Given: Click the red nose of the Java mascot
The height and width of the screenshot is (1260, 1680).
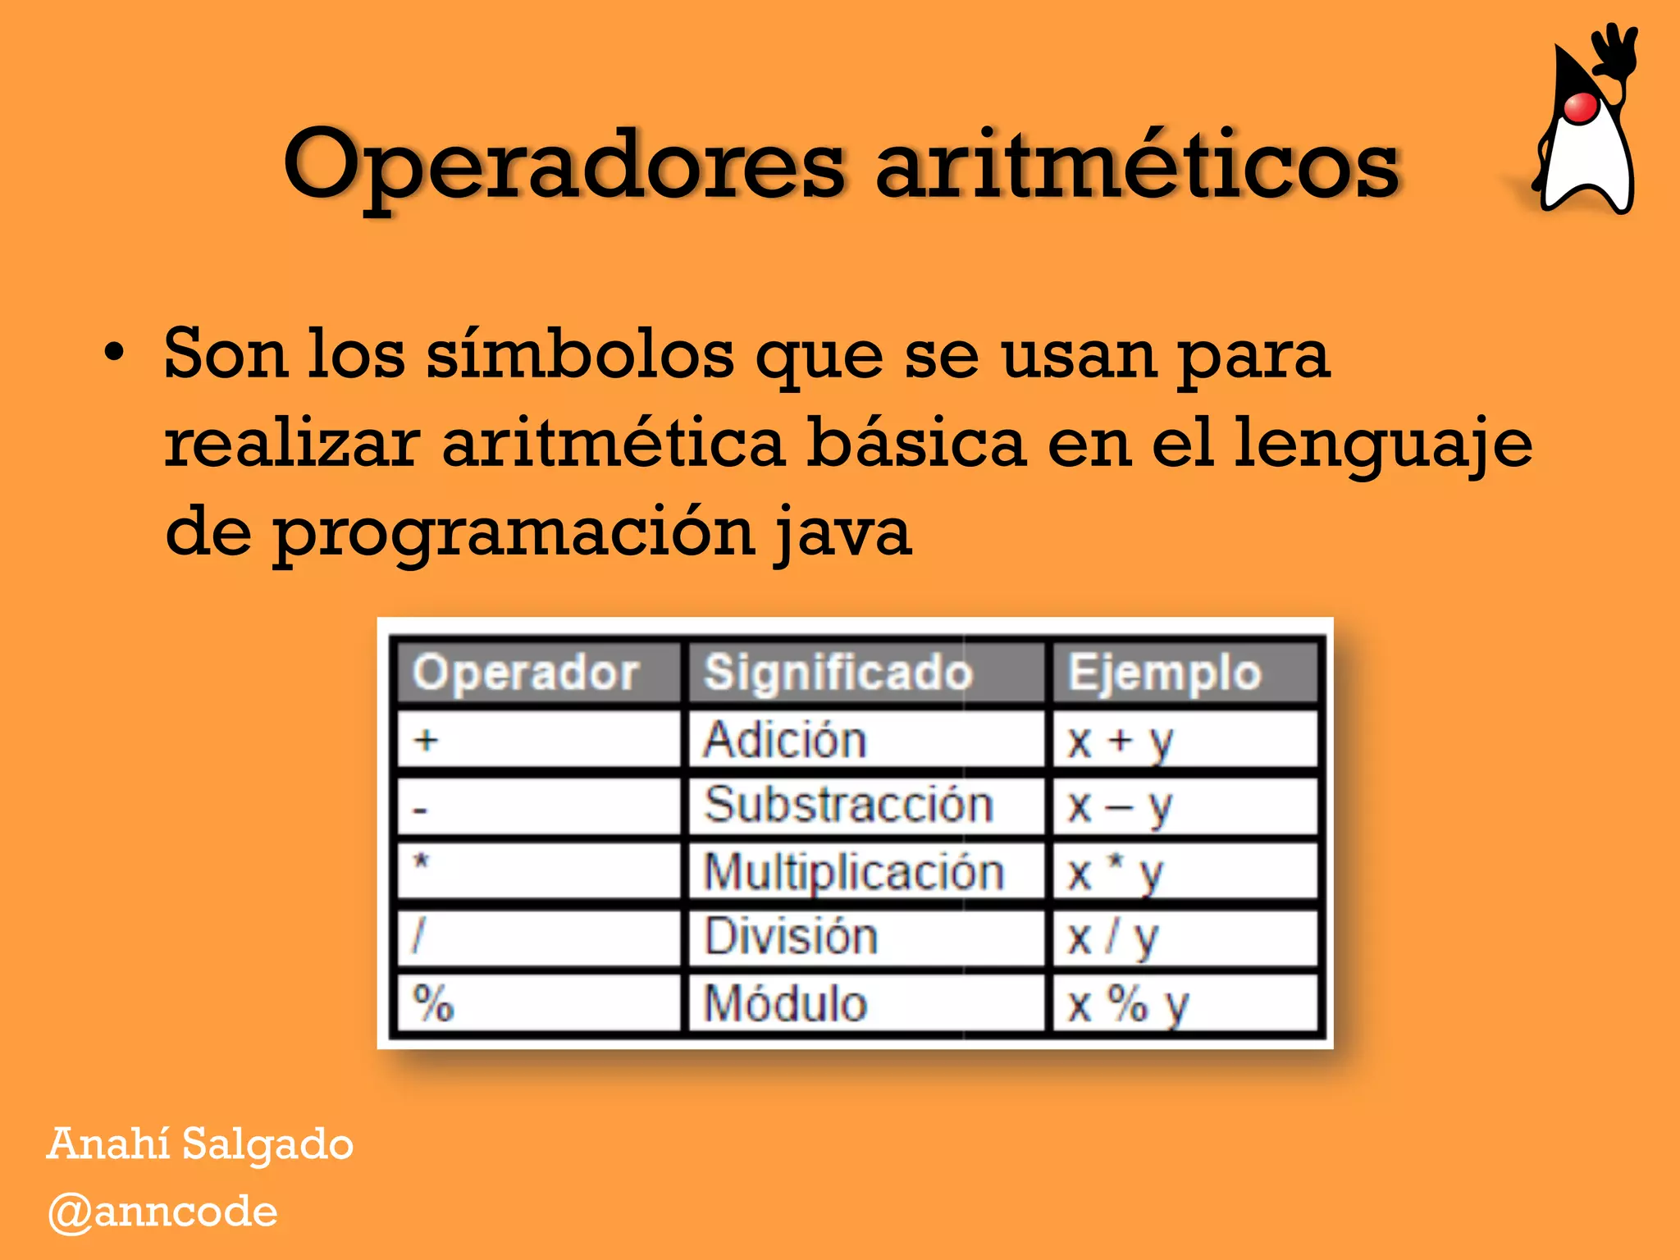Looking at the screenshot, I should (x=1579, y=107).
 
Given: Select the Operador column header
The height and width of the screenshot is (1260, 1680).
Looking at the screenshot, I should (x=526, y=673).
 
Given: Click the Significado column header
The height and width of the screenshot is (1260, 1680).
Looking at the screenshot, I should (x=838, y=673).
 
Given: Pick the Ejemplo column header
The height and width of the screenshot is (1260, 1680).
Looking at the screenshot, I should (x=1164, y=673).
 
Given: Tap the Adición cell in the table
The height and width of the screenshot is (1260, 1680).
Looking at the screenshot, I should (x=785, y=740).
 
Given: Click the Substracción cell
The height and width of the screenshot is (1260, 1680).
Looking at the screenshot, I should (x=849, y=805).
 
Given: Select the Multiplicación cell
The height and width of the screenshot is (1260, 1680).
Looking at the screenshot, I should (x=854, y=871).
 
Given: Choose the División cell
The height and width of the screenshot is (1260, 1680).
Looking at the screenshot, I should (x=792, y=937).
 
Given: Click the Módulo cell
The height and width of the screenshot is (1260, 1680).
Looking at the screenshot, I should (x=785, y=1002).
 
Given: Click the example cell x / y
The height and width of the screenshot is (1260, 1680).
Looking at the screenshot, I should (x=1112, y=938).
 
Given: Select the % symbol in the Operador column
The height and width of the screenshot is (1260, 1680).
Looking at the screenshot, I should (x=434, y=1002).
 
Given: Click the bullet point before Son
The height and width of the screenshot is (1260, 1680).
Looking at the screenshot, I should (x=115, y=354).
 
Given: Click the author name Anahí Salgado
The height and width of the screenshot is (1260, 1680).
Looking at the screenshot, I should (x=200, y=1144).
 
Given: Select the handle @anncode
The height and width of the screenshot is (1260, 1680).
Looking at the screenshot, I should (x=163, y=1212).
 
